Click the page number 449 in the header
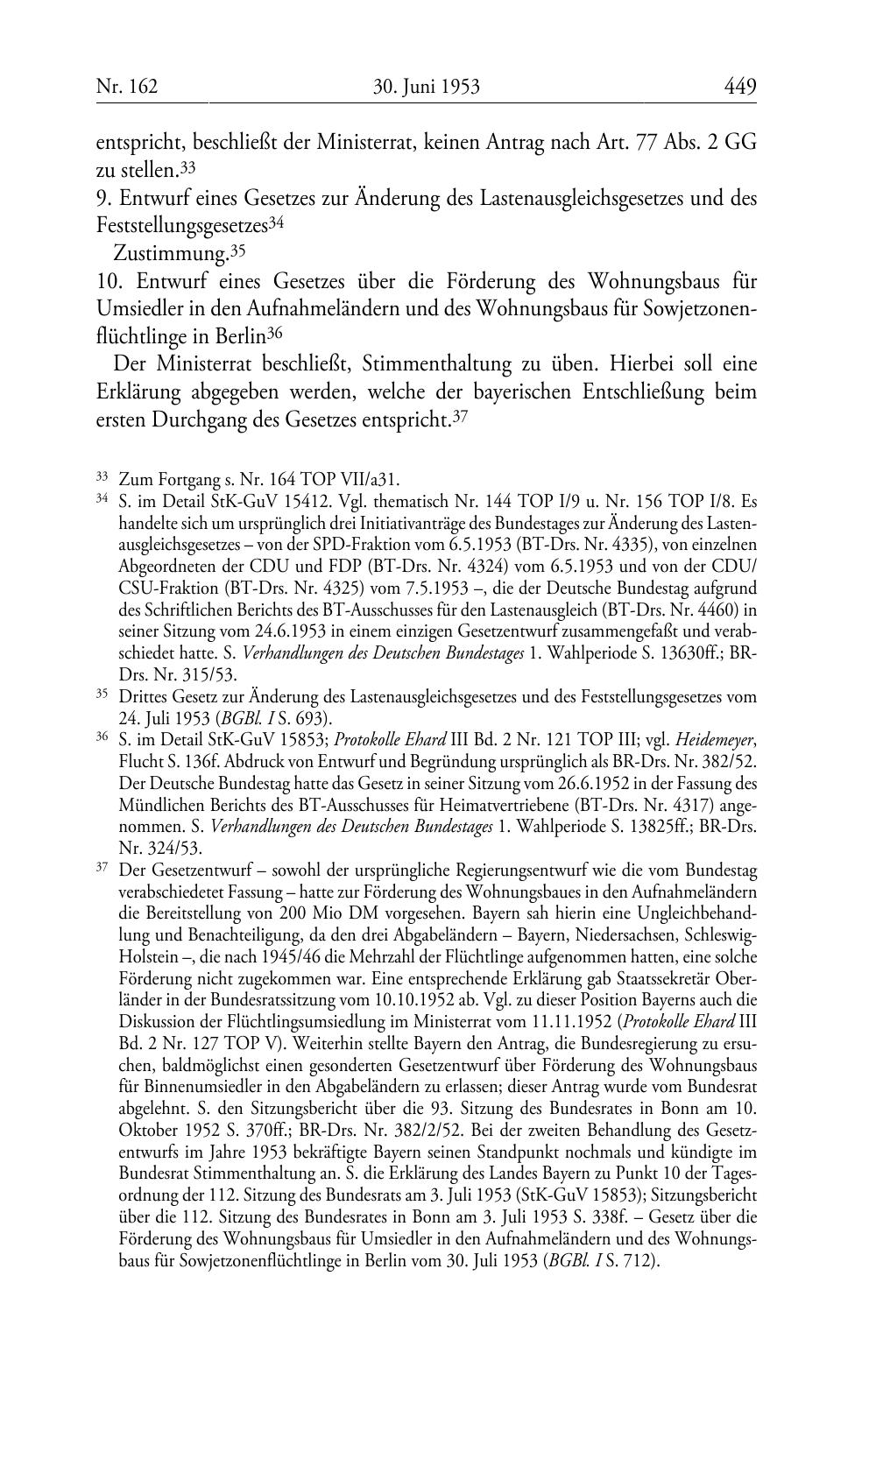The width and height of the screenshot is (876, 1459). coord(739,87)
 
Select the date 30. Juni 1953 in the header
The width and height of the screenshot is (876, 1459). coord(427,87)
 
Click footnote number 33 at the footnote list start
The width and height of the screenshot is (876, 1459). coord(102,476)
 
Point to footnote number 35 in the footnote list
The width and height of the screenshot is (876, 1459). coord(102,695)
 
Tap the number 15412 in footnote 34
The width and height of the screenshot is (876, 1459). coord(272,500)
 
